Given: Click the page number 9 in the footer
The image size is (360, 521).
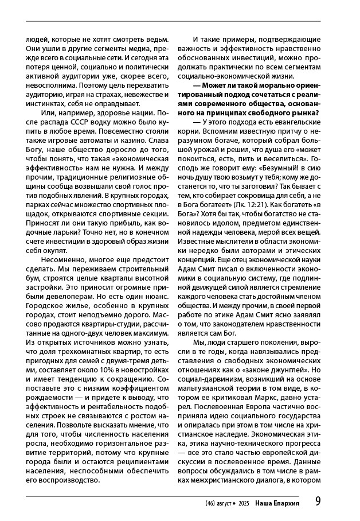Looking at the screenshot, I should pos(318,501).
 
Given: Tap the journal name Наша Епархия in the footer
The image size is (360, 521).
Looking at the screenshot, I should pos(277,502).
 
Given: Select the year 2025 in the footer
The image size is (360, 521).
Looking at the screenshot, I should pos(243,503).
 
